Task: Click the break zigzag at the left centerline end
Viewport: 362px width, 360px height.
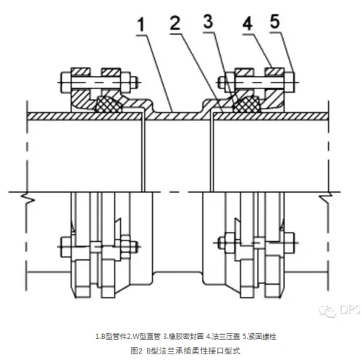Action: point(25,196)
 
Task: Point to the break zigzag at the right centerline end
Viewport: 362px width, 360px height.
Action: point(330,196)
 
